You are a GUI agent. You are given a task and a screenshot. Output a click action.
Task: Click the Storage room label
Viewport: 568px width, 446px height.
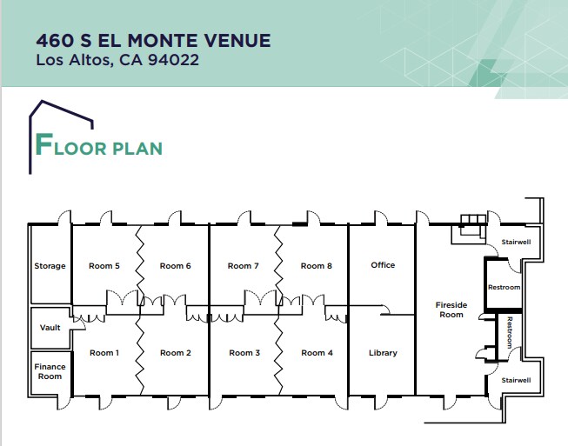click(x=50, y=265)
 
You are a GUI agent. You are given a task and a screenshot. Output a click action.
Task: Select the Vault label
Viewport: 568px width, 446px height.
click(x=50, y=328)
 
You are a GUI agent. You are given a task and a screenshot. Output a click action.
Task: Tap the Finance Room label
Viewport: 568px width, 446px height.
click(x=50, y=371)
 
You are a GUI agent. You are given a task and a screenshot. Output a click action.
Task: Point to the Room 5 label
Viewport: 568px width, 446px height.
click(x=104, y=265)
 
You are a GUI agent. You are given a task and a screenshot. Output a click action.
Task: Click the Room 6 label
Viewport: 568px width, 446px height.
click(x=175, y=265)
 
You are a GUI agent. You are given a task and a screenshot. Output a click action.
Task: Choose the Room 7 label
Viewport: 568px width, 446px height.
click(x=244, y=265)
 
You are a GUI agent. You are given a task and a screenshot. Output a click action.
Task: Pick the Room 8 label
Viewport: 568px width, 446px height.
click(x=317, y=265)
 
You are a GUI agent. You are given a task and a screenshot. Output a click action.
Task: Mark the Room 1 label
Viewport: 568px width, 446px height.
click(x=104, y=352)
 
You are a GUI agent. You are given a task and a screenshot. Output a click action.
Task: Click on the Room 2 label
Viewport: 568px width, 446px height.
click(x=175, y=352)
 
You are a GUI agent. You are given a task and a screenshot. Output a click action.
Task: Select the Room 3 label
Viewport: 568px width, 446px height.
click(x=244, y=352)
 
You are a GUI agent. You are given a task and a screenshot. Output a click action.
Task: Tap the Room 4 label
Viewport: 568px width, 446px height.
click(x=317, y=352)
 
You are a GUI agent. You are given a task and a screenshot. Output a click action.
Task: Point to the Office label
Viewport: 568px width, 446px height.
click(x=383, y=264)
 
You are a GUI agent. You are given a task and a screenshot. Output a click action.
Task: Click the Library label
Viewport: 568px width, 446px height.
click(x=383, y=352)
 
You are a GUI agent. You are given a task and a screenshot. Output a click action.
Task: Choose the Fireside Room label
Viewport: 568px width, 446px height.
click(x=451, y=309)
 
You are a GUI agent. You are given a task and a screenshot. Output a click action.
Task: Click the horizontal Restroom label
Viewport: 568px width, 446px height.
click(x=504, y=287)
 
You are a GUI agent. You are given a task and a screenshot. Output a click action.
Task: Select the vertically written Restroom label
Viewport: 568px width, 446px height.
click(x=510, y=333)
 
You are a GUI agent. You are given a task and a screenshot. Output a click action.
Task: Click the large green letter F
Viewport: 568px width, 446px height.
click(x=44, y=143)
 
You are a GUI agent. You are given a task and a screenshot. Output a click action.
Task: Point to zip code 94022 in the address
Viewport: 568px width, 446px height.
click(x=172, y=61)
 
